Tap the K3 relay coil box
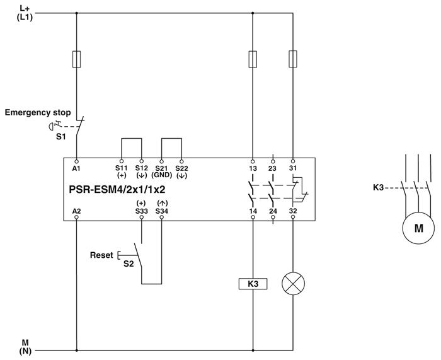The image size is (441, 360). point(253,284)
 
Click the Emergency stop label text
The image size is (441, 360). point(38,113)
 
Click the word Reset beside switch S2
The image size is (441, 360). point(101,255)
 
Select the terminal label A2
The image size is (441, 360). point(76,210)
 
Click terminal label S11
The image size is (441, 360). point(121,168)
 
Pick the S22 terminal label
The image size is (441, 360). point(181,168)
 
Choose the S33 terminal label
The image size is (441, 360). point(141,210)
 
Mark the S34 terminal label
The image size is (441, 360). point(162,210)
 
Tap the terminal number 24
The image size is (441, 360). point(273,210)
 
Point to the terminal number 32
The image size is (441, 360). point(293,210)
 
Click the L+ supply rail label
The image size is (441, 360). point(25,8)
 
